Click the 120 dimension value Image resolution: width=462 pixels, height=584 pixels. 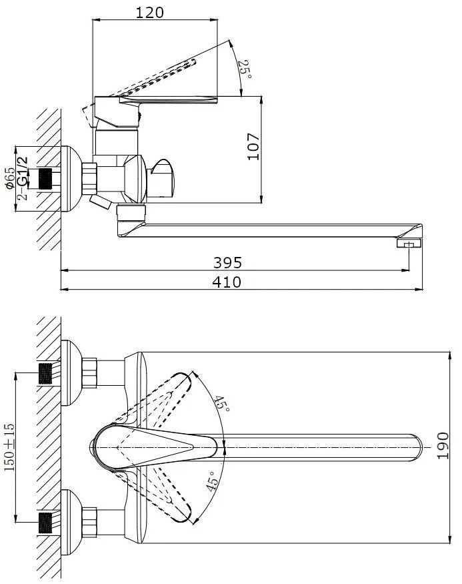coord(149,13)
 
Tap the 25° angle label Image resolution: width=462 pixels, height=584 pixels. coord(245,69)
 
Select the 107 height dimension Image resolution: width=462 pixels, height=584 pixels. coord(254,147)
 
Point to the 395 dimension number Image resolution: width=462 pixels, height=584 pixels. coord(227,262)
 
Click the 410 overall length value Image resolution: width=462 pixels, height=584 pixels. coord(227,282)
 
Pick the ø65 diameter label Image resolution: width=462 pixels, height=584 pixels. coord(11,178)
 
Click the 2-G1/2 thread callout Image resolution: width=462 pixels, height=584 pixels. coord(23,178)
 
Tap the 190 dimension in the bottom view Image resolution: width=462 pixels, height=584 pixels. coord(443,446)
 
